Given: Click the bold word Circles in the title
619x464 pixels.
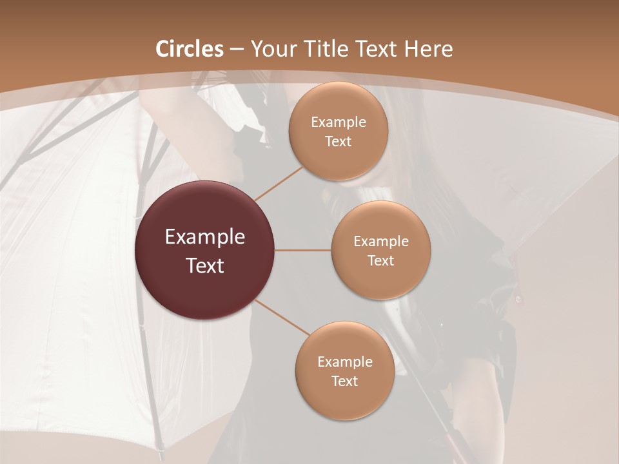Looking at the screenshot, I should tap(190, 49).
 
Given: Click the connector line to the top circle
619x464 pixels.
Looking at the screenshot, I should tap(279, 184).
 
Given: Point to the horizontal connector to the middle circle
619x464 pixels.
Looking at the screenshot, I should tap(303, 250).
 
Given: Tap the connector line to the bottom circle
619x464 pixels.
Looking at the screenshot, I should tap(282, 317).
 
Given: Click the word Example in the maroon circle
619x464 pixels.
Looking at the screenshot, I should tap(205, 237).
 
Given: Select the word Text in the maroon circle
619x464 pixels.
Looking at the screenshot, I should tap(205, 266).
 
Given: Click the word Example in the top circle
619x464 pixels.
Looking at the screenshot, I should tap(339, 122).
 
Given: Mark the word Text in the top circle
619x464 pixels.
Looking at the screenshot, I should tap(339, 142).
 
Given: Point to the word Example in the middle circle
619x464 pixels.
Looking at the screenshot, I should tap(381, 242).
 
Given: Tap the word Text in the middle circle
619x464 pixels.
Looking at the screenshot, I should tap(381, 261).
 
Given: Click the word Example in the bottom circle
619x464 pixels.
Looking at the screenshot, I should tap(345, 362).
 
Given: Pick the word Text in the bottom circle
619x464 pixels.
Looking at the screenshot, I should tap(345, 382).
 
